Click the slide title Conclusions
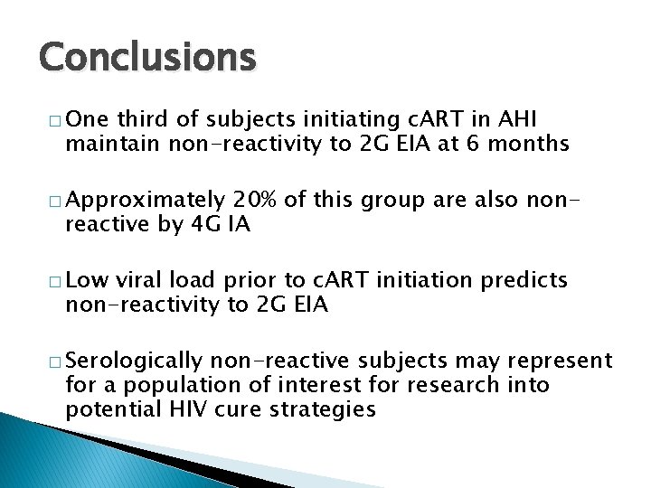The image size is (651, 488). (x=147, y=57)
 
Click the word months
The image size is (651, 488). (x=528, y=143)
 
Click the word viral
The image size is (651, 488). (x=137, y=281)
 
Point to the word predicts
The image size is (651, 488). (x=527, y=281)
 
